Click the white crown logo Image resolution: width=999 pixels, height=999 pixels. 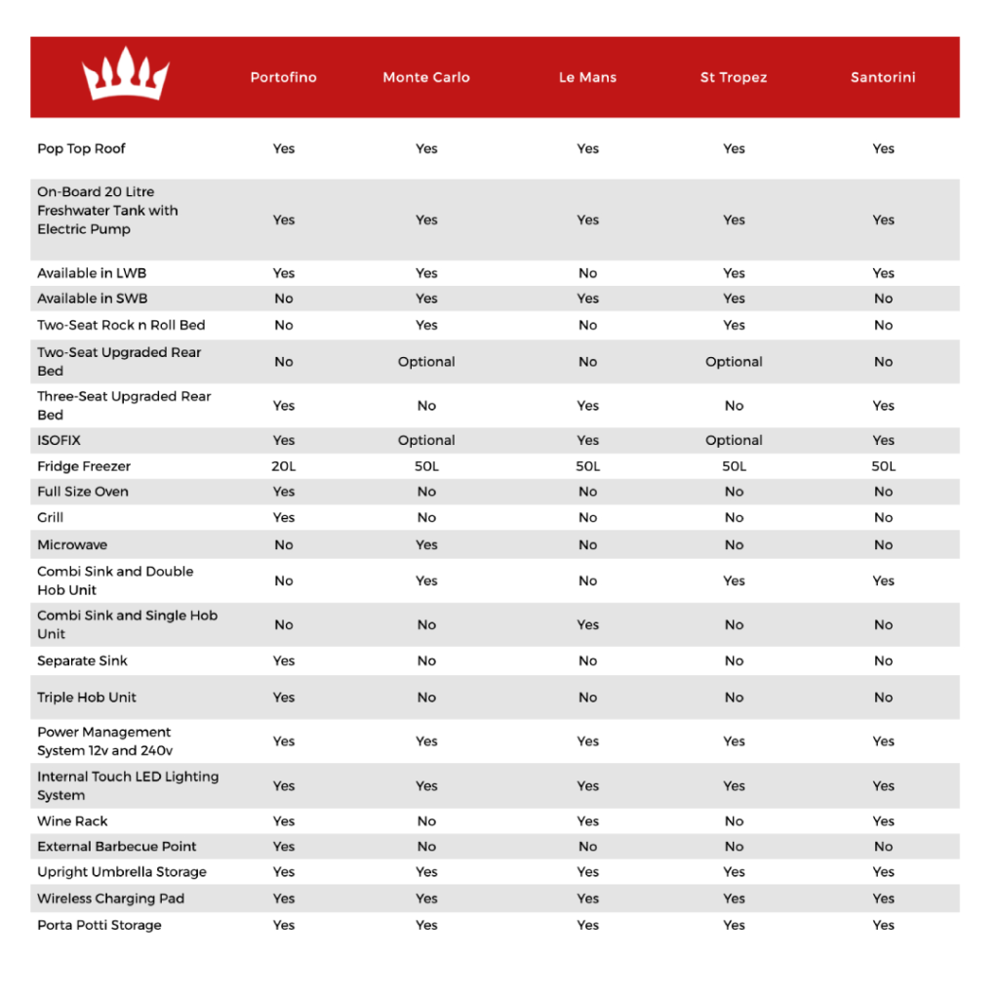coord(126,77)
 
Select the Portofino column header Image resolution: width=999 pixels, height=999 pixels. coord(283,78)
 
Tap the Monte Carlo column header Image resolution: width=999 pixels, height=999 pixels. coord(426,78)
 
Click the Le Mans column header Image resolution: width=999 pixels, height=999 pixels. coord(587,78)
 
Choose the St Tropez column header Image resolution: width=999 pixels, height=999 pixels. coord(734,78)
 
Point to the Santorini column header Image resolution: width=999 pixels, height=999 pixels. coord(883,78)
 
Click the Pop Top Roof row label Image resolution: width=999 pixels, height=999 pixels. coord(82,149)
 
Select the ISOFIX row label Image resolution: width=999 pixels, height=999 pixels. coord(60,441)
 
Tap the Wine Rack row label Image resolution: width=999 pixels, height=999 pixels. coord(73,821)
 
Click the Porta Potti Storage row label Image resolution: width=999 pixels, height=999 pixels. coord(100,926)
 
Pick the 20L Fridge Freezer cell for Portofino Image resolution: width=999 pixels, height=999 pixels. coord(284,467)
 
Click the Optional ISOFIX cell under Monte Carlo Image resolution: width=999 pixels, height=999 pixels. coord(426,441)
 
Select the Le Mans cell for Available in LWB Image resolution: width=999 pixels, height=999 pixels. coord(587,274)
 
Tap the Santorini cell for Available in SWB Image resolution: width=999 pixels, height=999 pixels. coord(883,300)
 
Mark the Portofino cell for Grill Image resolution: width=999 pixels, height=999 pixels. coord(284,518)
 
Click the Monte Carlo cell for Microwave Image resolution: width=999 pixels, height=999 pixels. coord(426,545)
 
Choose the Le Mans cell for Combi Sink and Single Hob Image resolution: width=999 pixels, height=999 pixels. coord(587,625)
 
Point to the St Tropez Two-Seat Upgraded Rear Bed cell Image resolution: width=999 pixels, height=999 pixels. coord(734,362)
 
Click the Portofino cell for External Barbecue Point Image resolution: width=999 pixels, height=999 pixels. coord(284,847)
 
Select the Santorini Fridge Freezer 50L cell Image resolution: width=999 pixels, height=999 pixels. coord(883,467)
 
